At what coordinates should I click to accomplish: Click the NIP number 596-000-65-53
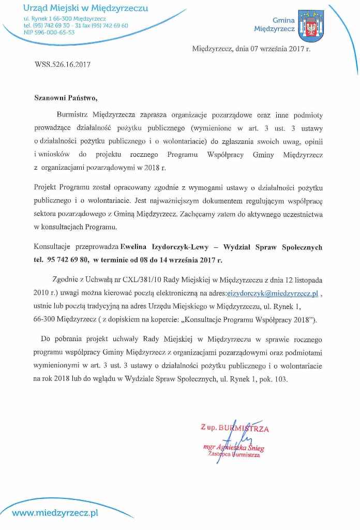49,32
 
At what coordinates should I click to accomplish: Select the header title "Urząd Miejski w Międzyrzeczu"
86,9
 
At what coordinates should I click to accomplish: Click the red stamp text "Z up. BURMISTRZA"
235,428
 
